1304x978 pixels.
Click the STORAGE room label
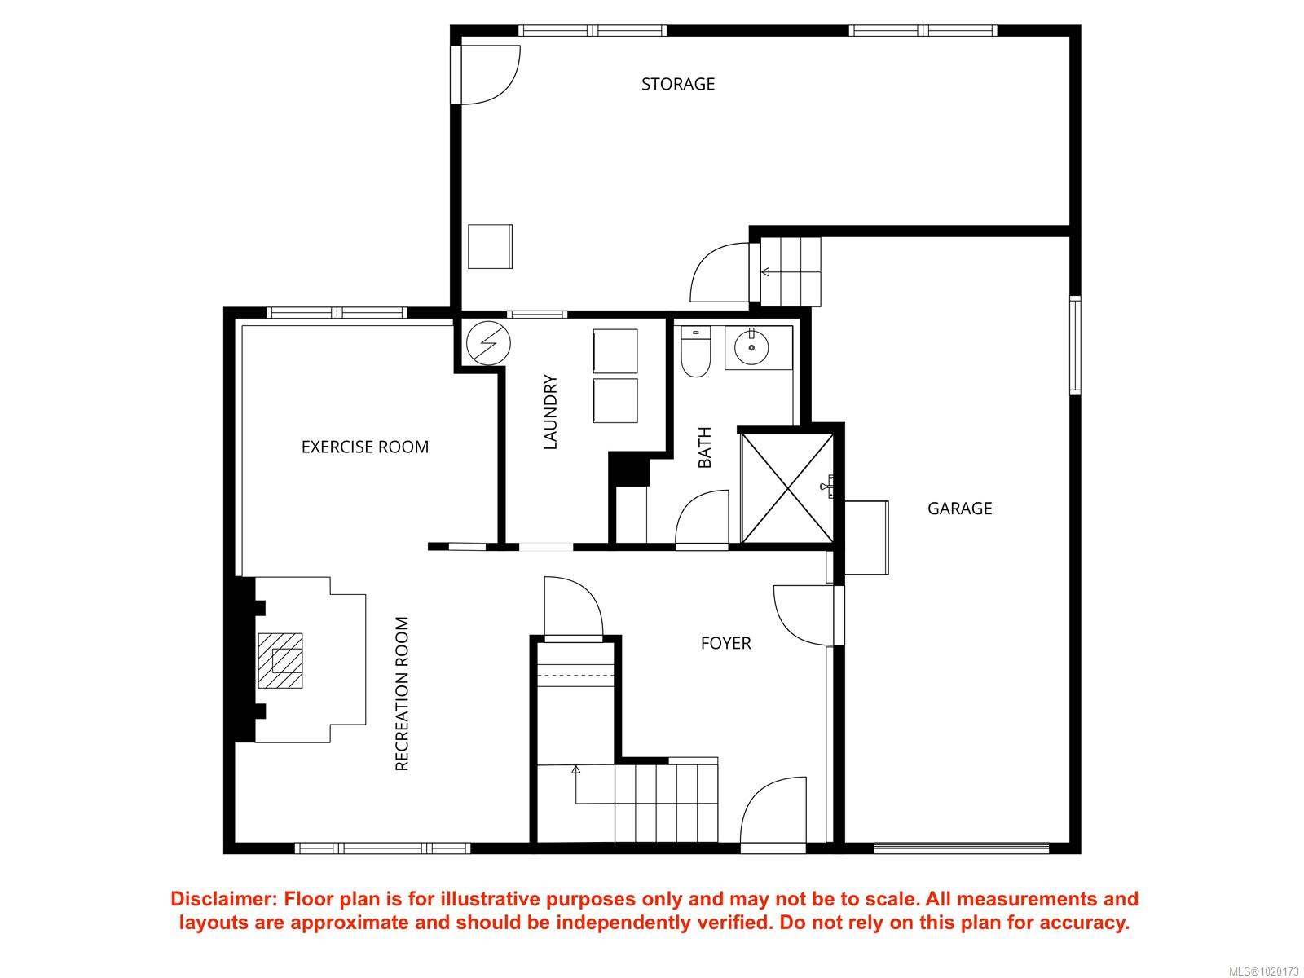tap(677, 84)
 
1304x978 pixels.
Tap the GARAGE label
tap(958, 509)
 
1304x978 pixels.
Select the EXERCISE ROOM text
tap(365, 447)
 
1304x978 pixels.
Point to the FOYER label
tap(725, 643)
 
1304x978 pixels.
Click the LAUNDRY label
tap(551, 412)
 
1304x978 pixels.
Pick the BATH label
tap(704, 447)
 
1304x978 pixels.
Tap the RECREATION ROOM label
tap(402, 694)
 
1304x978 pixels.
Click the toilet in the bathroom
tap(695, 351)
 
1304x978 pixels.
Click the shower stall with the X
tap(787, 488)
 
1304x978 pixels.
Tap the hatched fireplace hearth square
tap(280, 661)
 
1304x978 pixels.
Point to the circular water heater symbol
tap(488, 343)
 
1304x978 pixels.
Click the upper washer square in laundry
tap(615, 351)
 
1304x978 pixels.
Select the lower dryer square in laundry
tap(615, 401)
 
